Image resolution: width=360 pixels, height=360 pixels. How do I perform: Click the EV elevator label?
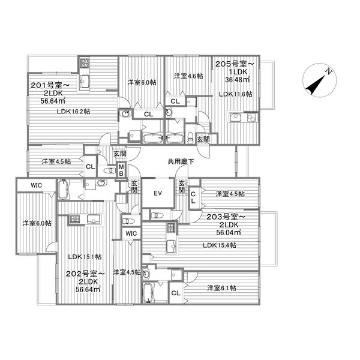coord(158,193)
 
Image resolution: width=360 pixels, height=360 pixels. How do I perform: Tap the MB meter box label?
coord(121,170)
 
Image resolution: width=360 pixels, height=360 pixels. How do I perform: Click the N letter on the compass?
coord(329,71)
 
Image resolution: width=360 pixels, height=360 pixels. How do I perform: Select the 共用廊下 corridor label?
coord(181,161)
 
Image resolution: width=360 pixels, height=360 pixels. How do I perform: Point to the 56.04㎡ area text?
coord(229,232)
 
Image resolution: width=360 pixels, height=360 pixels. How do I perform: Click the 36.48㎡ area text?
coord(238,79)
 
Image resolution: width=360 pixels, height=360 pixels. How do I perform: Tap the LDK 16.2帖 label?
coord(73,112)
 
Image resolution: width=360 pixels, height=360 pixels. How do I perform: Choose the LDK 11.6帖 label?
coord(235,94)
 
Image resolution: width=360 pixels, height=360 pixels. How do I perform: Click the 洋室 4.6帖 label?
coord(188,76)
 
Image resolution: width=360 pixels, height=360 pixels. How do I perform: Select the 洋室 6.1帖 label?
coord(221,287)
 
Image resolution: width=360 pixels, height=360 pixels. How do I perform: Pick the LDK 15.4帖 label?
coord(220,245)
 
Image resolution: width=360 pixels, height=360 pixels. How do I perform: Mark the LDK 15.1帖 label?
coord(85,256)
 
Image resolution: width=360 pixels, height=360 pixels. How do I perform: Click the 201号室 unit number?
coord(50,85)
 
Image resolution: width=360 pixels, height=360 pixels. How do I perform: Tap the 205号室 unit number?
coord(235,64)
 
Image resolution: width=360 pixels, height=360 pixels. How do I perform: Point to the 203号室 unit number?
coord(226,217)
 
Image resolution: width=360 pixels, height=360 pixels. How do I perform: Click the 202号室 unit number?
coord(85,274)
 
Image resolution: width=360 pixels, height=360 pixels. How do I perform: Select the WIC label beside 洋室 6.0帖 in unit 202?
coord(36,185)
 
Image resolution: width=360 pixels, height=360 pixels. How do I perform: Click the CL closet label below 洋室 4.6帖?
coord(175,101)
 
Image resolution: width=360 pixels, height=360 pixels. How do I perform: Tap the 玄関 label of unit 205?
coord(203,139)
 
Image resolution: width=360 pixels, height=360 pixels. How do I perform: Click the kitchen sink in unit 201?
coord(85,81)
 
